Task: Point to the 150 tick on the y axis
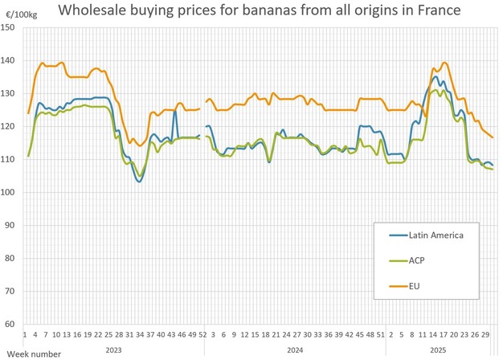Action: click(x=10, y=27)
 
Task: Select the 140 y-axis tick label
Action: click(x=10, y=60)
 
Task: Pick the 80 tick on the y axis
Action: click(x=11, y=258)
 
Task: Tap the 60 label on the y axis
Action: click(x=11, y=324)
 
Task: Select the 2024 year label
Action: click(x=295, y=350)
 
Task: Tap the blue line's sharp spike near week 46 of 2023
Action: click(x=174, y=111)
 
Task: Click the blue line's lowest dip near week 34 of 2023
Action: click(x=139, y=182)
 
